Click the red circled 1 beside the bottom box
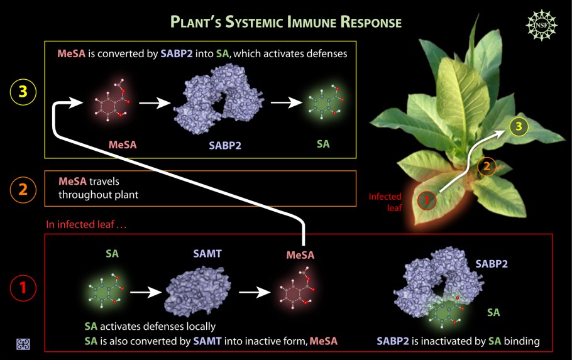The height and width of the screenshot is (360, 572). (23, 288)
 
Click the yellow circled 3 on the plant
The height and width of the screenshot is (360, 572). (519, 127)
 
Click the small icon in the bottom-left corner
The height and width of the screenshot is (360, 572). (23, 344)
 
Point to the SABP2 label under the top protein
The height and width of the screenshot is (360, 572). (225, 145)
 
